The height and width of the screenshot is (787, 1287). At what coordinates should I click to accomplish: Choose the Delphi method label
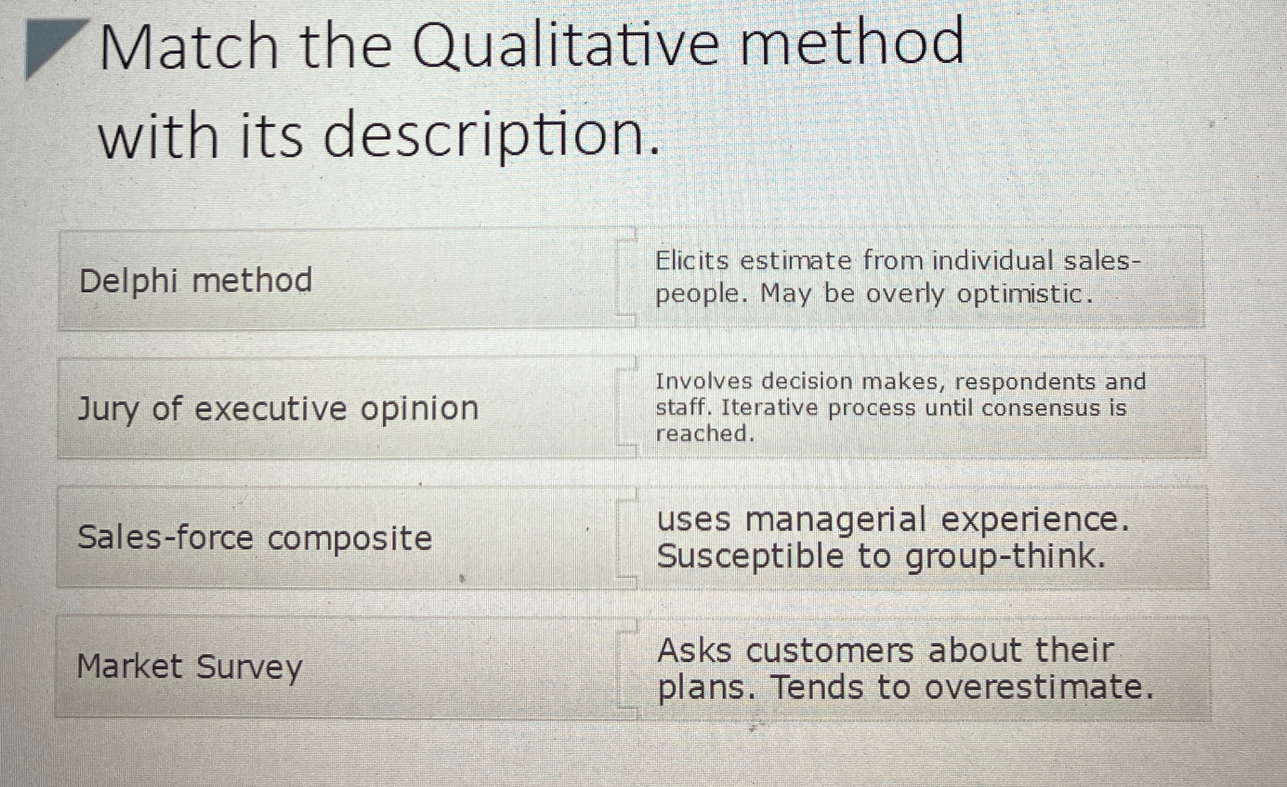(196, 281)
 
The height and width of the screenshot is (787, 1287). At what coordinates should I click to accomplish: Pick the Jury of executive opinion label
(278, 408)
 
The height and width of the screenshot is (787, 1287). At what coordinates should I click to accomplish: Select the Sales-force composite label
(255, 538)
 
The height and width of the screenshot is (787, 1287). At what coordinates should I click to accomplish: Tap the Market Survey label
(189, 667)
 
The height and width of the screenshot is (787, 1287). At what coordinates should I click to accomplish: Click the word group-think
(1005, 557)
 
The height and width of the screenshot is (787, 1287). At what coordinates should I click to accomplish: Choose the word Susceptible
(750, 557)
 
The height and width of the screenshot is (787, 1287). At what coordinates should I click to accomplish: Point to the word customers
(830, 651)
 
